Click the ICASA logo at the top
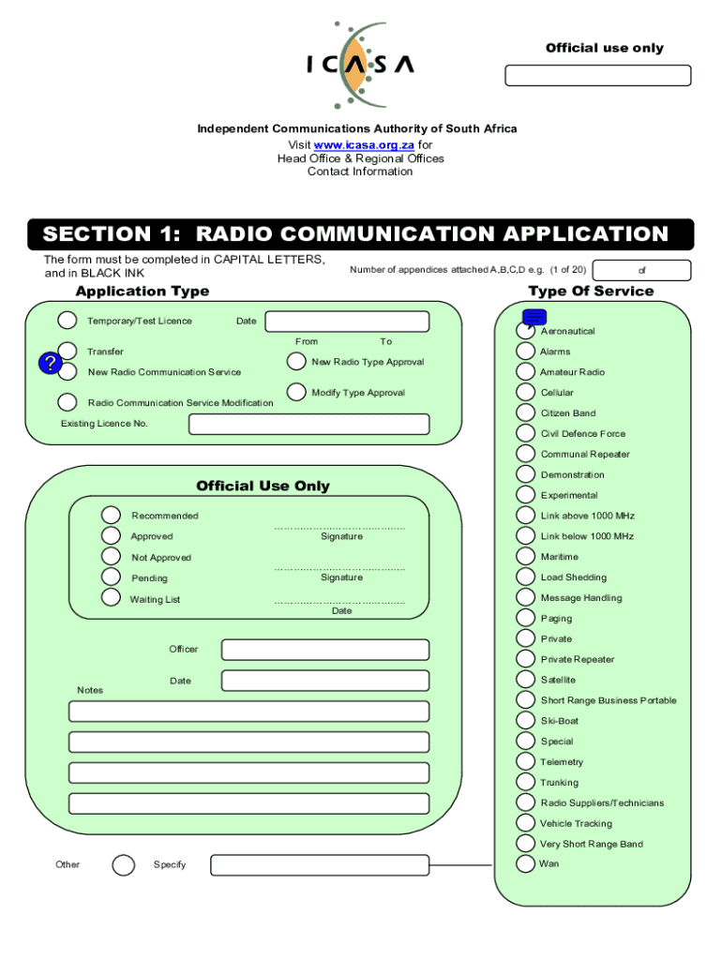(360, 64)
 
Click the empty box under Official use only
(597, 76)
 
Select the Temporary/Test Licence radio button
(68, 321)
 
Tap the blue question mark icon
(49, 364)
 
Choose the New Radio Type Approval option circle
(296, 361)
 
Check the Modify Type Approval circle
(296, 392)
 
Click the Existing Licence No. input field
(308, 425)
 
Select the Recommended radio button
(112, 515)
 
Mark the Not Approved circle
(112, 557)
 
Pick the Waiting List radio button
(112, 597)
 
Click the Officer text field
(324, 650)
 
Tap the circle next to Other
(123, 864)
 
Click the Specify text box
(319, 864)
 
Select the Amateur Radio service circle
(526, 371)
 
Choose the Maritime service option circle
(526, 556)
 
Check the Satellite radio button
(526, 680)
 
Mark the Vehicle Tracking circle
(526, 823)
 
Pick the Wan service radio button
(526, 863)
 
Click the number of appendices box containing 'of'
(642, 271)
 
